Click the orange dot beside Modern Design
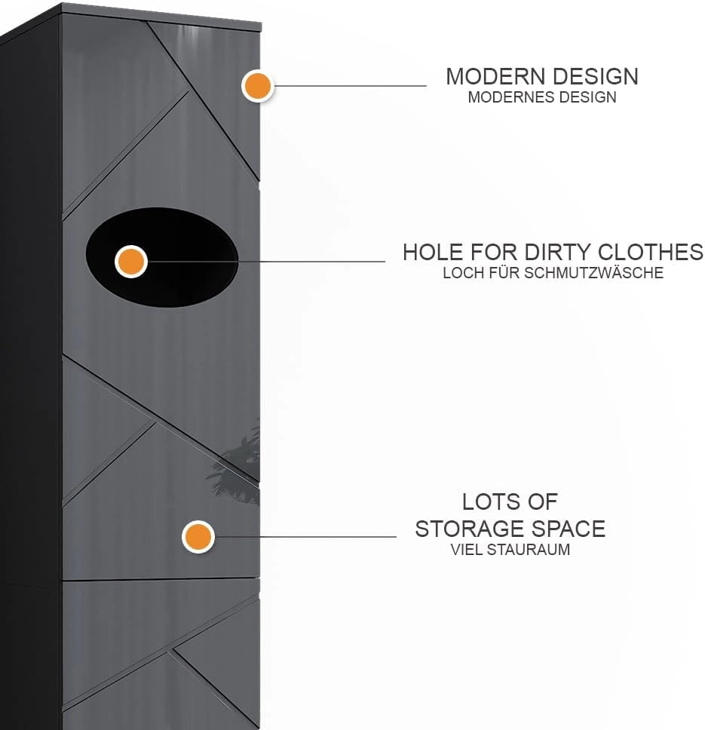(x=257, y=86)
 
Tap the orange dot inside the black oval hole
(x=131, y=262)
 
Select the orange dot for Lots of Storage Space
(x=198, y=536)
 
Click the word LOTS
(x=483, y=502)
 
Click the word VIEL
(x=467, y=549)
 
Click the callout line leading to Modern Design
(x=349, y=86)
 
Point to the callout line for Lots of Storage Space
(x=305, y=536)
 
